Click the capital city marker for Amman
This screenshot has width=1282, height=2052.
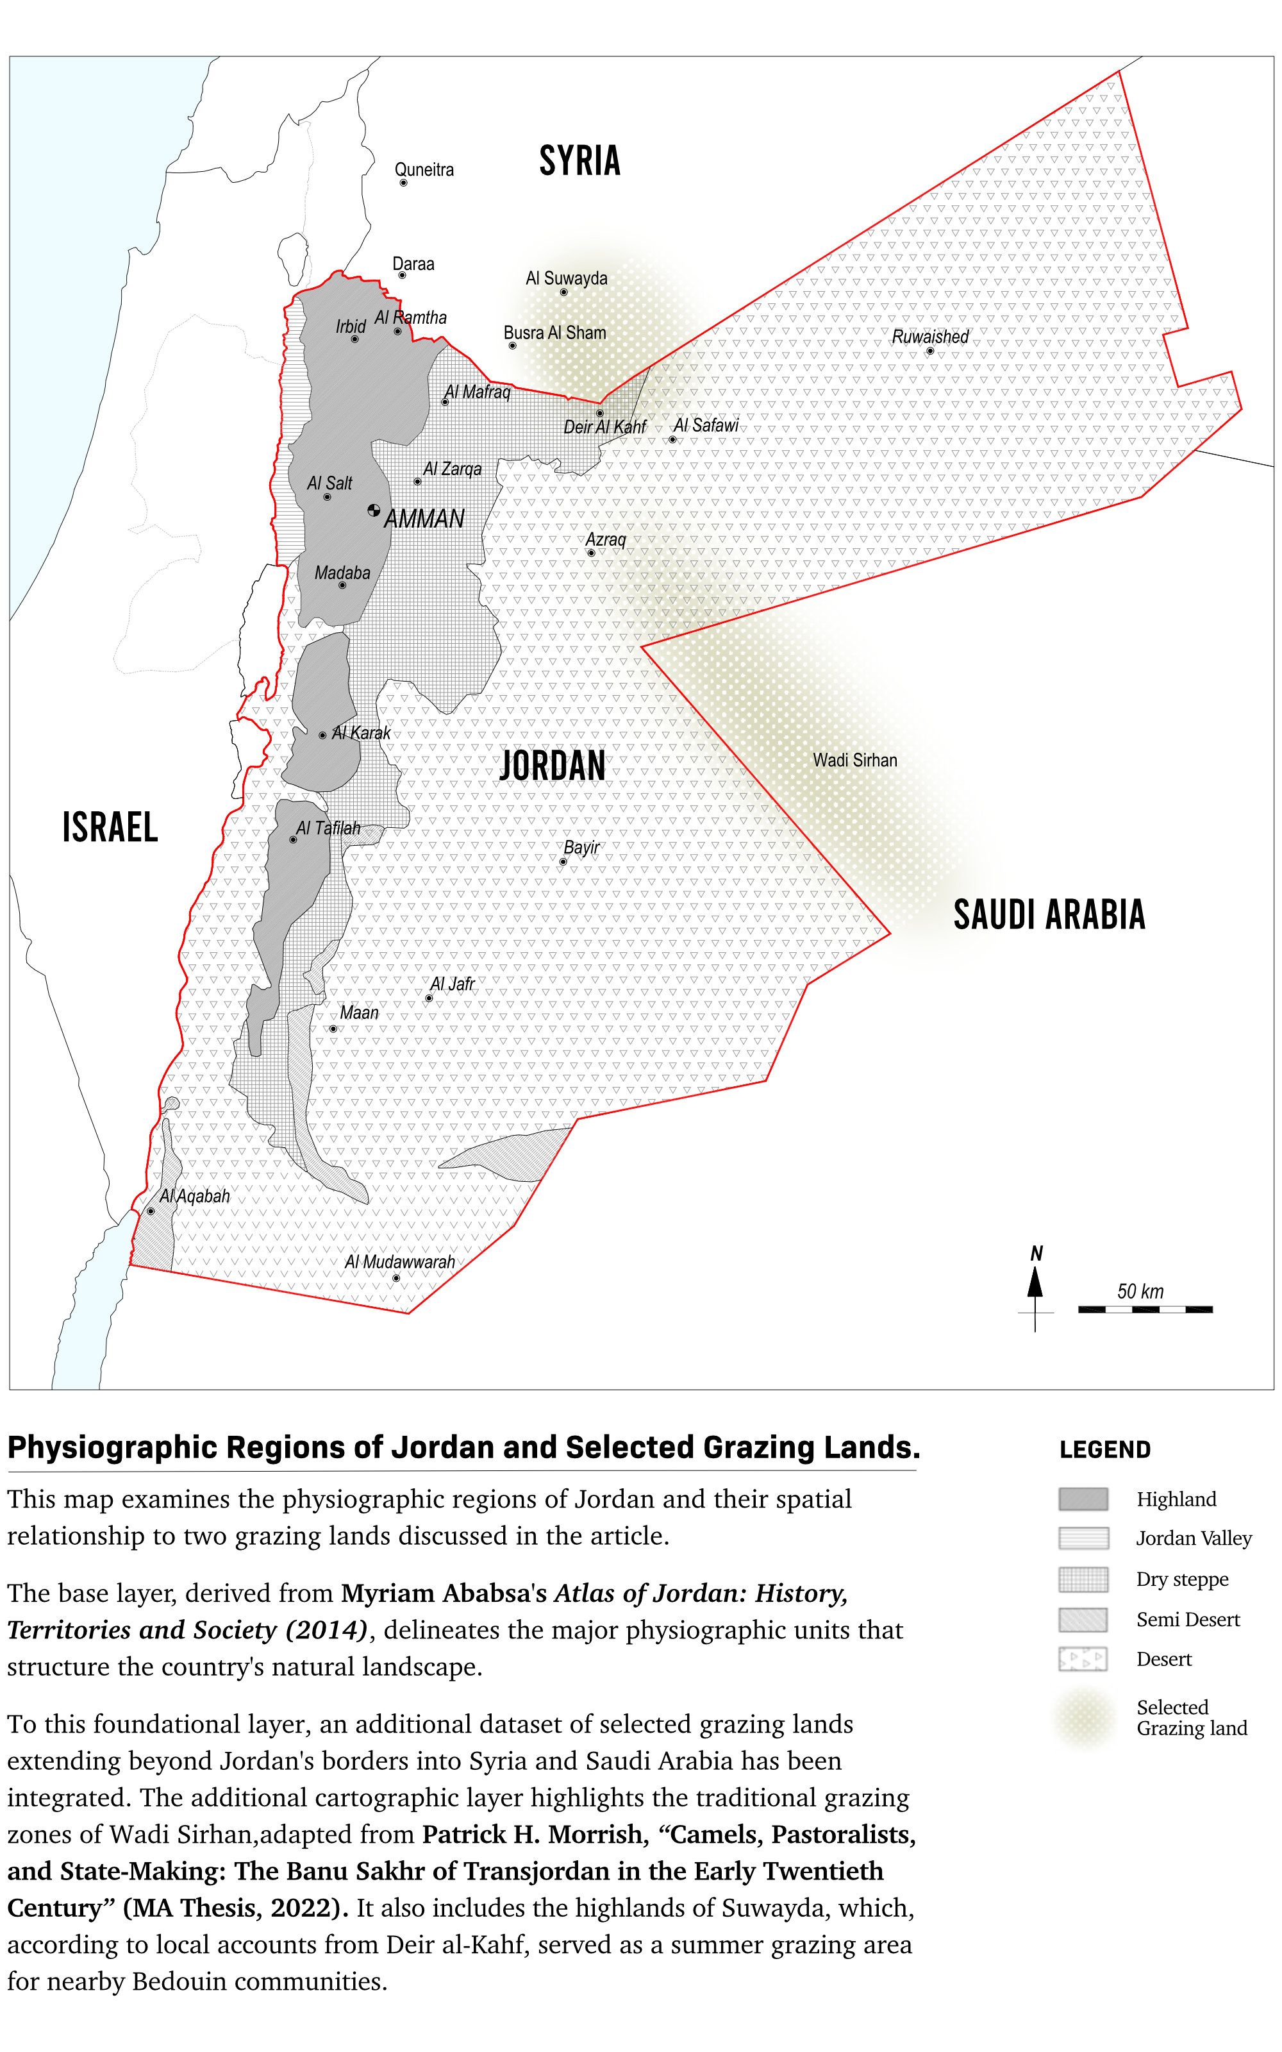pyautogui.click(x=374, y=510)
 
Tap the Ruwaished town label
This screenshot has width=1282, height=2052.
pyautogui.click(x=929, y=337)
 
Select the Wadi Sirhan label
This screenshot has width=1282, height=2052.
pyautogui.click(x=854, y=760)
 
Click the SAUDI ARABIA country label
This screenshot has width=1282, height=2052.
pyautogui.click(x=1049, y=914)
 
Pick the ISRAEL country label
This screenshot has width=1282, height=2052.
pyautogui.click(x=110, y=827)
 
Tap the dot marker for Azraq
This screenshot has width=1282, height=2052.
pyautogui.click(x=591, y=553)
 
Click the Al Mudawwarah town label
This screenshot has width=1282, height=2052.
pyautogui.click(x=399, y=1262)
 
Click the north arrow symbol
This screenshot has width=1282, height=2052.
pyautogui.click(x=1035, y=1284)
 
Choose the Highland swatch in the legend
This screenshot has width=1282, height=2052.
pyautogui.click(x=1083, y=1499)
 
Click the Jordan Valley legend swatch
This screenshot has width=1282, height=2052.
pyautogui.click(x=1083, y=1538)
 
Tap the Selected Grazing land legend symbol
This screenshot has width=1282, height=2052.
pyautogui.click(x=1083, y=1718)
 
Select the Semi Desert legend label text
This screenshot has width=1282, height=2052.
pyautogui.click(x=1187, y=1620)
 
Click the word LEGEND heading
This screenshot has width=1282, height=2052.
pyautogui.click(x=1105, y=1449)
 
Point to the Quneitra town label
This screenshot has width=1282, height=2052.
pyautogui.click(x=424, y=169)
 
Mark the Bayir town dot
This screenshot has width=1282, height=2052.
pyautogui.click(x=562, y=861)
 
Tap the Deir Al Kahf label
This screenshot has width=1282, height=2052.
pyautogui.click(x=604, y=426)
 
